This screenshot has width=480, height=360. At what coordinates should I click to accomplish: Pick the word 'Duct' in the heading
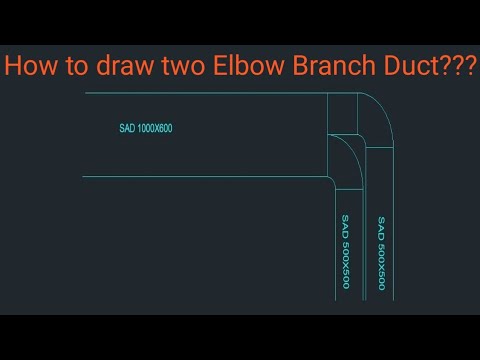[x=413, y=67]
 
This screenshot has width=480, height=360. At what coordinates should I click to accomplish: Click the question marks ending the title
[x=459, y=67]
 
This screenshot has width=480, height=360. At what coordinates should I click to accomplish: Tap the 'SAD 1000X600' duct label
[x=146, y=129]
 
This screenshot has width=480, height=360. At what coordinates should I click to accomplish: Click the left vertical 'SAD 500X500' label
[x=345, y=252]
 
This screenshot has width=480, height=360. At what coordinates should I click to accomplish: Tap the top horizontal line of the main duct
[x=200, y=94]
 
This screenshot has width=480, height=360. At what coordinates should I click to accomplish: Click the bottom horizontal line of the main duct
[x=200, y=177]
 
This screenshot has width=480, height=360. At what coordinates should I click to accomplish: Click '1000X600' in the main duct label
[x=156, y=129]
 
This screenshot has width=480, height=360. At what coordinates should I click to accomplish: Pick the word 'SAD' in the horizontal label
[x=126, y=129]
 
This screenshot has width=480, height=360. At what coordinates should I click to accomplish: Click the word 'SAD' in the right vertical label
[x=381, y=226]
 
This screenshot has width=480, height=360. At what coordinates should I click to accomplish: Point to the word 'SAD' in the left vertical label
[x=345, y=224]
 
